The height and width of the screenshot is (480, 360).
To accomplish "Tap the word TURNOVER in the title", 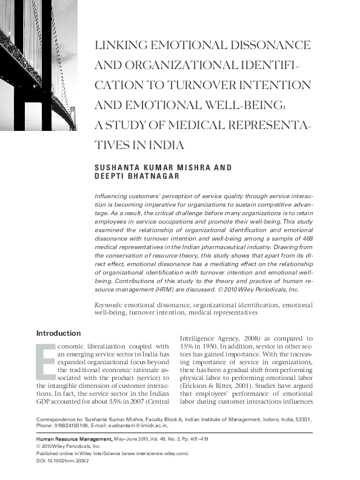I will click(x=230, y=85).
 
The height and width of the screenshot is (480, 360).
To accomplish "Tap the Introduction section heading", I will click(x=58, y=333).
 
